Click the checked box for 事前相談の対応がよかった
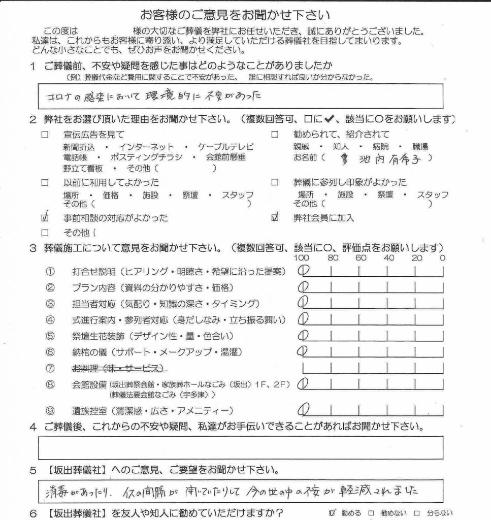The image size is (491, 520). [x=45, y=218]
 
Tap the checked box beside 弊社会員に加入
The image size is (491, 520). [x=275, y=218]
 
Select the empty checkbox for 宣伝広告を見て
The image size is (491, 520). [x=45, y=135]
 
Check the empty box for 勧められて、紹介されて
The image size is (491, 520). [x=275, y=135]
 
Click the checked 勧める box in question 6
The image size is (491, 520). [x=333, y=512]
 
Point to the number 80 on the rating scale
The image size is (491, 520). [x=333, y=258]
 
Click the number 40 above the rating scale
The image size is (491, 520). [x=389, y=258]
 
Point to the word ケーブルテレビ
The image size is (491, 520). [x=222, y=147]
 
